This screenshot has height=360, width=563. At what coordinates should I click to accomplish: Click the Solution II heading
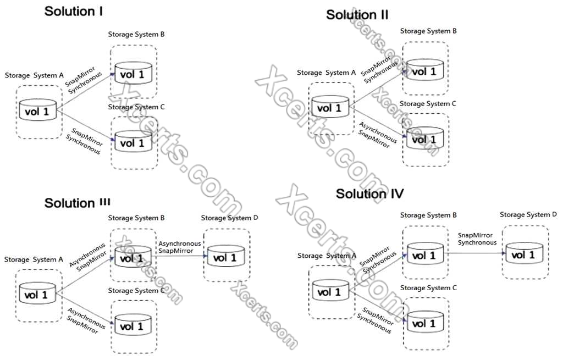click(357, 15)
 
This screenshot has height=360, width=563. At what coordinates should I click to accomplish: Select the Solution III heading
click(78, 203)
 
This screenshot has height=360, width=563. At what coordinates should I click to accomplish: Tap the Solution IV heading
click(369, 193)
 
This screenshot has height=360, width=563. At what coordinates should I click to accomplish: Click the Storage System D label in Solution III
click(229, 218)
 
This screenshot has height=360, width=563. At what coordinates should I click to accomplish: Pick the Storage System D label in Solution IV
click(528, 214)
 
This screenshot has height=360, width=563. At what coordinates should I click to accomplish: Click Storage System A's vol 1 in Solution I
click(38, 110)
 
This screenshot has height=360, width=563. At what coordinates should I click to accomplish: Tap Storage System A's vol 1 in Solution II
click(330, 107)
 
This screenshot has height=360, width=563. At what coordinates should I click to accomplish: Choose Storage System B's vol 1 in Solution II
click(424, 70)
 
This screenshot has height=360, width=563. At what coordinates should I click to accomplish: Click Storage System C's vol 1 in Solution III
click(132, 325)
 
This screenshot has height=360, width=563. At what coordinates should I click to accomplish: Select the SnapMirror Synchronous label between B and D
click(477, 239)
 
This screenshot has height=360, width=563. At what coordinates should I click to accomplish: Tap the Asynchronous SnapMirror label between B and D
click(179, 246)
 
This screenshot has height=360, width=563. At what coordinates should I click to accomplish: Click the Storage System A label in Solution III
click(30, 259)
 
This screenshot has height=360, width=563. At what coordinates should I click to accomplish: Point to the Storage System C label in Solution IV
click(428, 287)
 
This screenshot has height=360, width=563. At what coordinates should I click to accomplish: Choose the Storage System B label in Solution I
click(136, 34)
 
